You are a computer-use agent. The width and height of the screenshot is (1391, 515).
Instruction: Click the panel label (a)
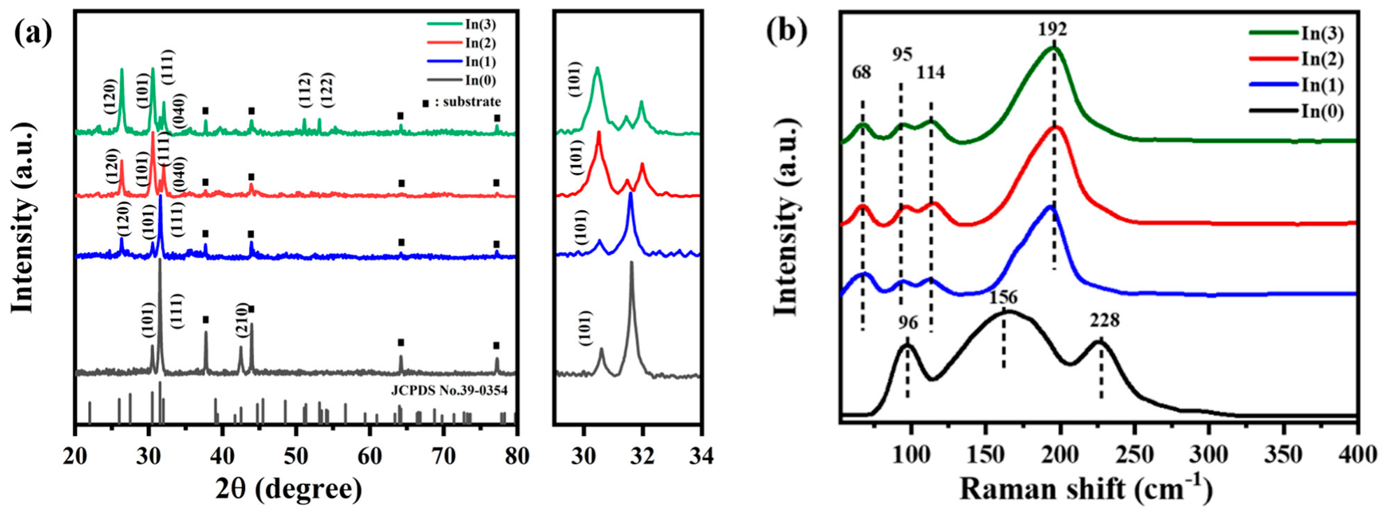[33, 32]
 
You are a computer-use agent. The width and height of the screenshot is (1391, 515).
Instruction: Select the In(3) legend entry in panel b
[1322, 33]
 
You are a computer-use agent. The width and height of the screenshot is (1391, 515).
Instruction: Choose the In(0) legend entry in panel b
[1322, 112]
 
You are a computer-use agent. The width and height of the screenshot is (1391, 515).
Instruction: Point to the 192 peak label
[1052, 29]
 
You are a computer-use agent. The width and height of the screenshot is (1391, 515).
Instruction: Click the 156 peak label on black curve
[1003, 297]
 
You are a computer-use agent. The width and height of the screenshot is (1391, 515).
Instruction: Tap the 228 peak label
[1104, 320]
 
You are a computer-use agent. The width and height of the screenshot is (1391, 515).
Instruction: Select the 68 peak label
[862, 72]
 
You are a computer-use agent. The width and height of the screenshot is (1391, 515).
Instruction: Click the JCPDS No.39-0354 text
[449, 390]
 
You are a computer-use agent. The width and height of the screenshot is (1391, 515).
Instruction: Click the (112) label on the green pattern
[304, 90]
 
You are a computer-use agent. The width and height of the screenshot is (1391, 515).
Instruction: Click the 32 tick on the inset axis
[642, 456]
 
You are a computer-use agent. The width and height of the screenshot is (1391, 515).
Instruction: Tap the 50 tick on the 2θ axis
[295, 456]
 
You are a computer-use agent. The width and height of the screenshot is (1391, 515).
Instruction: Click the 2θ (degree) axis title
[288, 488]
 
